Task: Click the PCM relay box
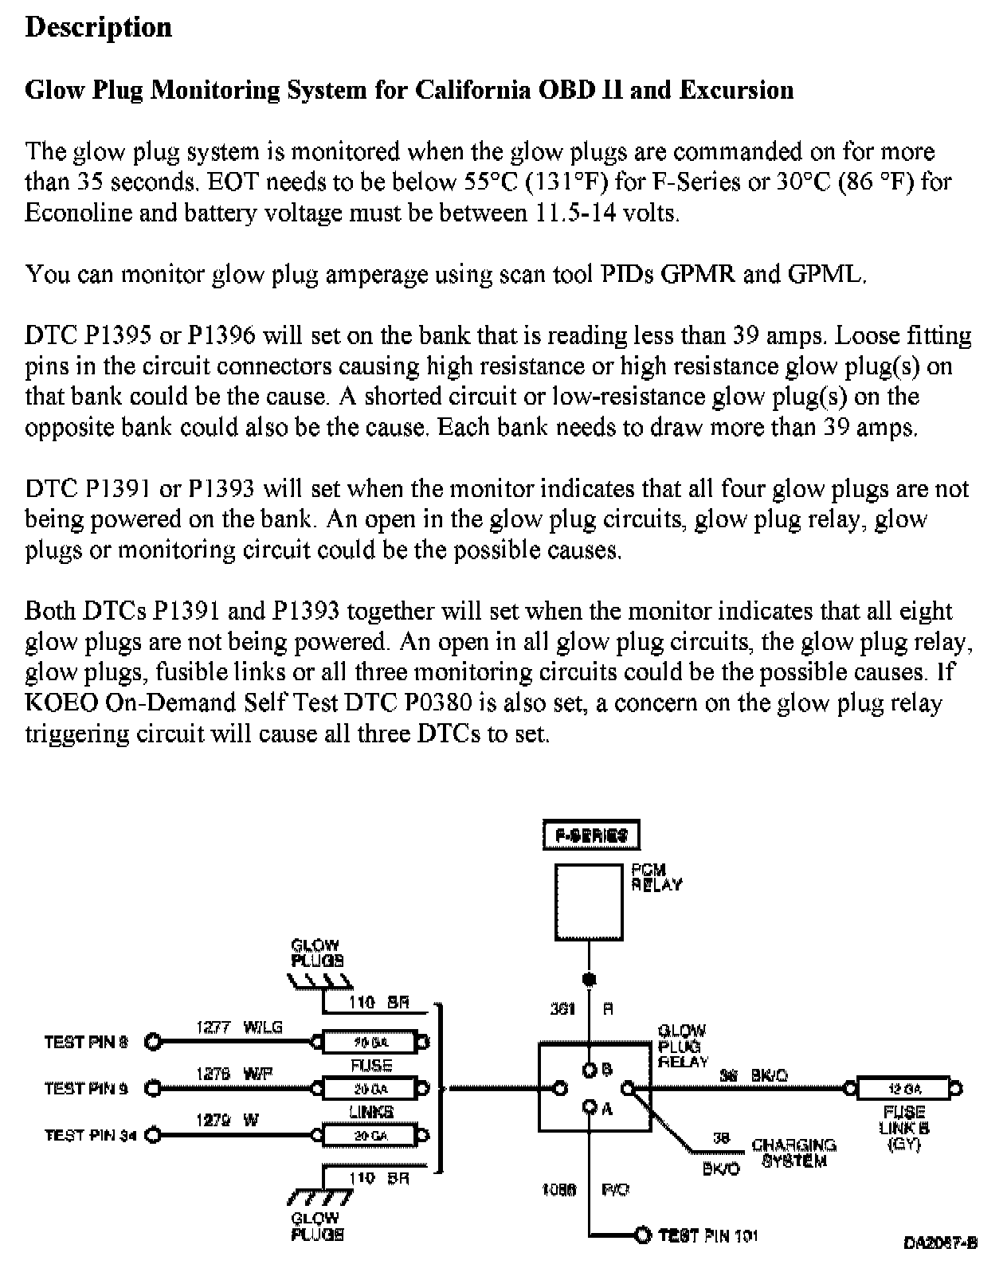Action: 589,902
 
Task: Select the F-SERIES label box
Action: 591,836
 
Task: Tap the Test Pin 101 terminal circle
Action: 643,1235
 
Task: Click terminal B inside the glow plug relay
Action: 590,1070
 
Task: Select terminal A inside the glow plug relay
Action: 590,1106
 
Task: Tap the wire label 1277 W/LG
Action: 239,1027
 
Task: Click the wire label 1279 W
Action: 227,1121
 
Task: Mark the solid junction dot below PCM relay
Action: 590,979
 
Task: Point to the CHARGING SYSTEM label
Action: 793,1153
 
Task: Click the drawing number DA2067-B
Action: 940,1243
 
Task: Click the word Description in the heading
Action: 99,27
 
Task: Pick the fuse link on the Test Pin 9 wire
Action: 370,1088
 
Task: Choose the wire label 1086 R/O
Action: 585,1189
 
